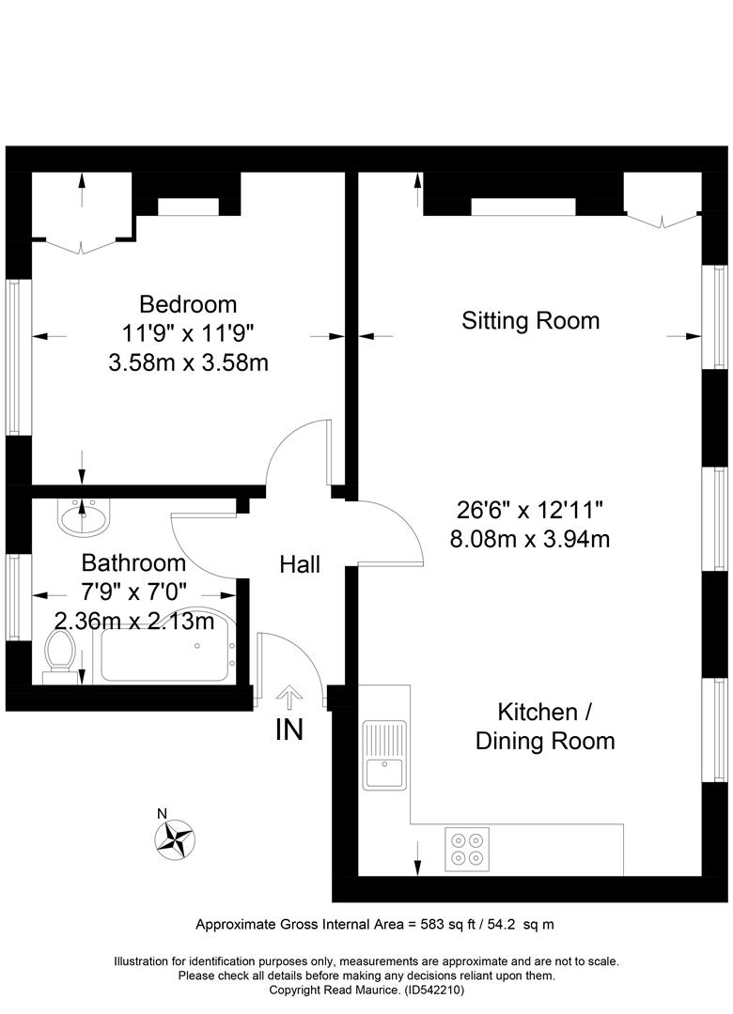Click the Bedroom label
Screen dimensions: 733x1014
[188, 304]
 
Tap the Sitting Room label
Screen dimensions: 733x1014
[530, 321]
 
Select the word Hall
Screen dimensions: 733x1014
[300, 564]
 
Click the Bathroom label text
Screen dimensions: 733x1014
[133, 562]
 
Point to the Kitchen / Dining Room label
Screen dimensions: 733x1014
[545, 726]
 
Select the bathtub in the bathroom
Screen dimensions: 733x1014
[165, 647]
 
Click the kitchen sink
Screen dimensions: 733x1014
[384, 755]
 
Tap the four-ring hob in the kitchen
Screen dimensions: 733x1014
[467, 849]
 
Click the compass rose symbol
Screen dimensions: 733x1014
[175, 839]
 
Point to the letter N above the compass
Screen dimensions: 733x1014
[163, 814]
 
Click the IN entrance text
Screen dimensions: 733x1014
[289, 730]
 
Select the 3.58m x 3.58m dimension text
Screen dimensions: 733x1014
[188, 362]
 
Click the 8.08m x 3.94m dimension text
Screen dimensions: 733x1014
[530, 539]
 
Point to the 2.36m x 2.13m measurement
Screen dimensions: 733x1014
[134, 621]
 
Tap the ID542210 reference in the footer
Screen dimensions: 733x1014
[434, 991]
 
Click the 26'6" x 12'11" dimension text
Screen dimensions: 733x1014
[530, 510]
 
